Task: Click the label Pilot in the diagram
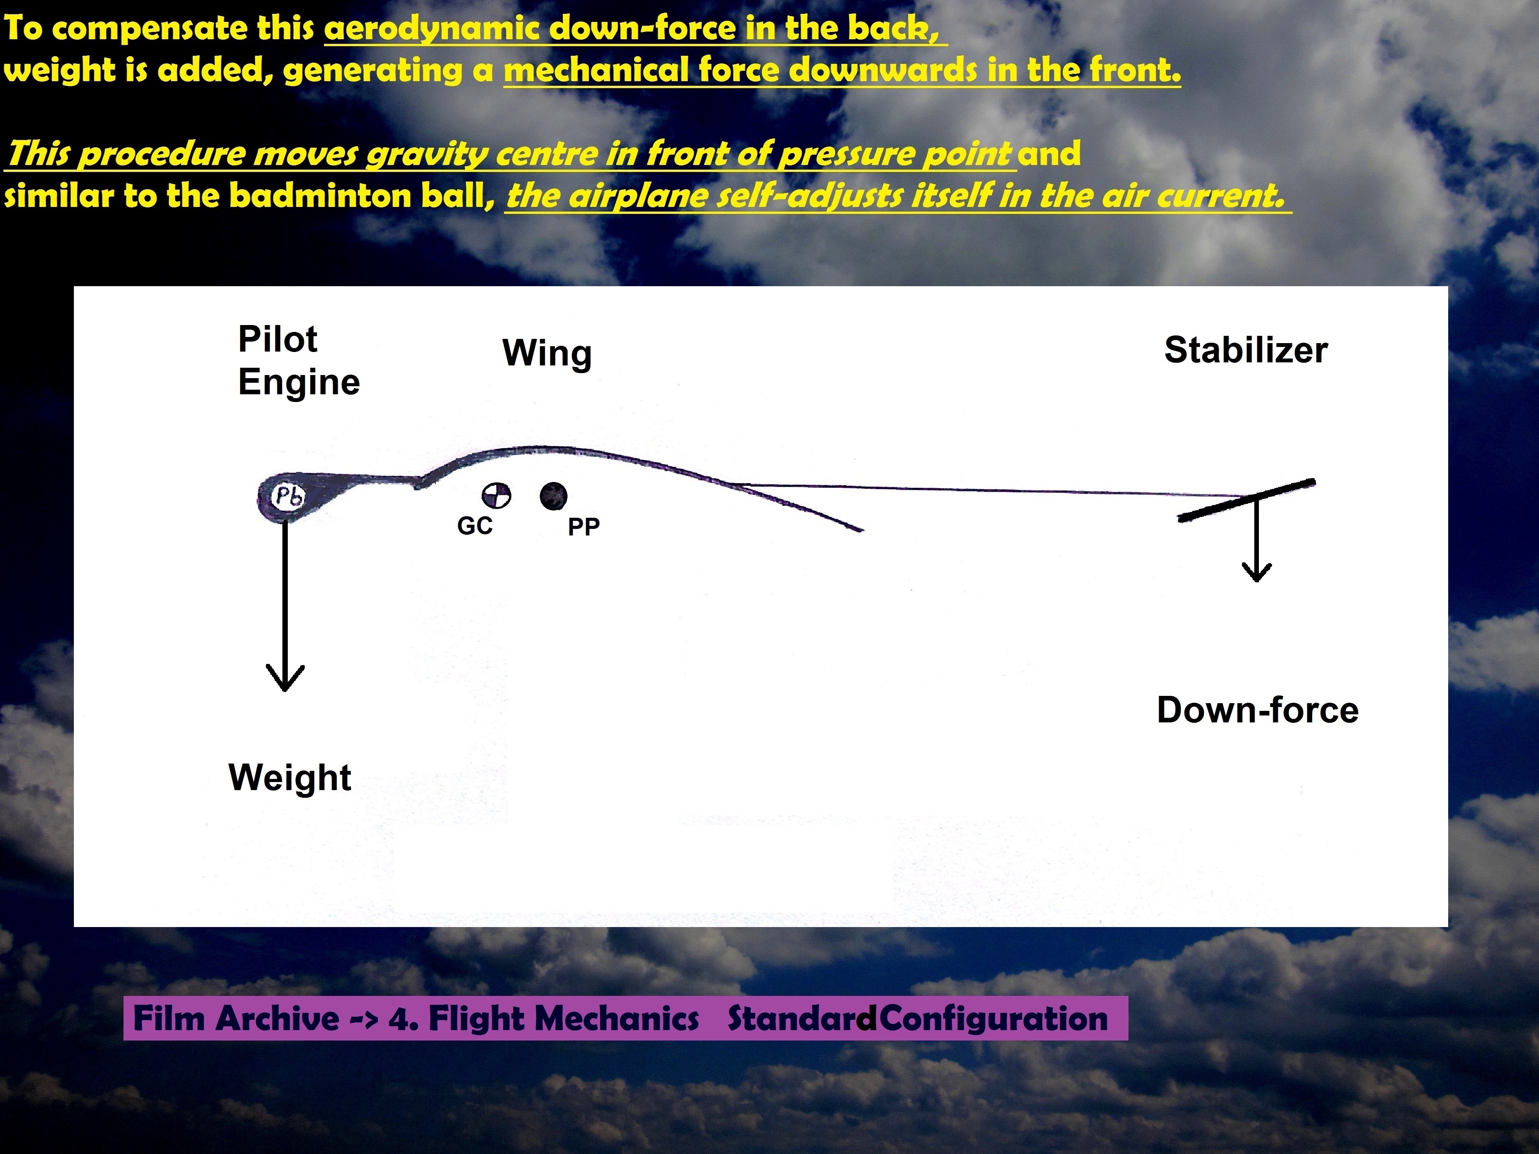(x=278, y=339)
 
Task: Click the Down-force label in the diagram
(x=1257, y=710)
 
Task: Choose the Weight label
(x=289, y=778)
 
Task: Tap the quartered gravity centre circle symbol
(x=496, y=496)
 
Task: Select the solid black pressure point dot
(x=553, y=496)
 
